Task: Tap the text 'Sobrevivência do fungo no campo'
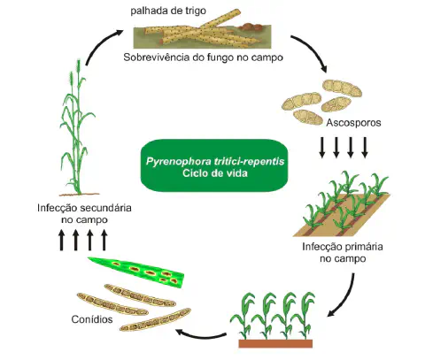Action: coord(205,60)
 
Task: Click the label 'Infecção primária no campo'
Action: coord(334,253)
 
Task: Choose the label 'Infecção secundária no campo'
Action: coord(85,213)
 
